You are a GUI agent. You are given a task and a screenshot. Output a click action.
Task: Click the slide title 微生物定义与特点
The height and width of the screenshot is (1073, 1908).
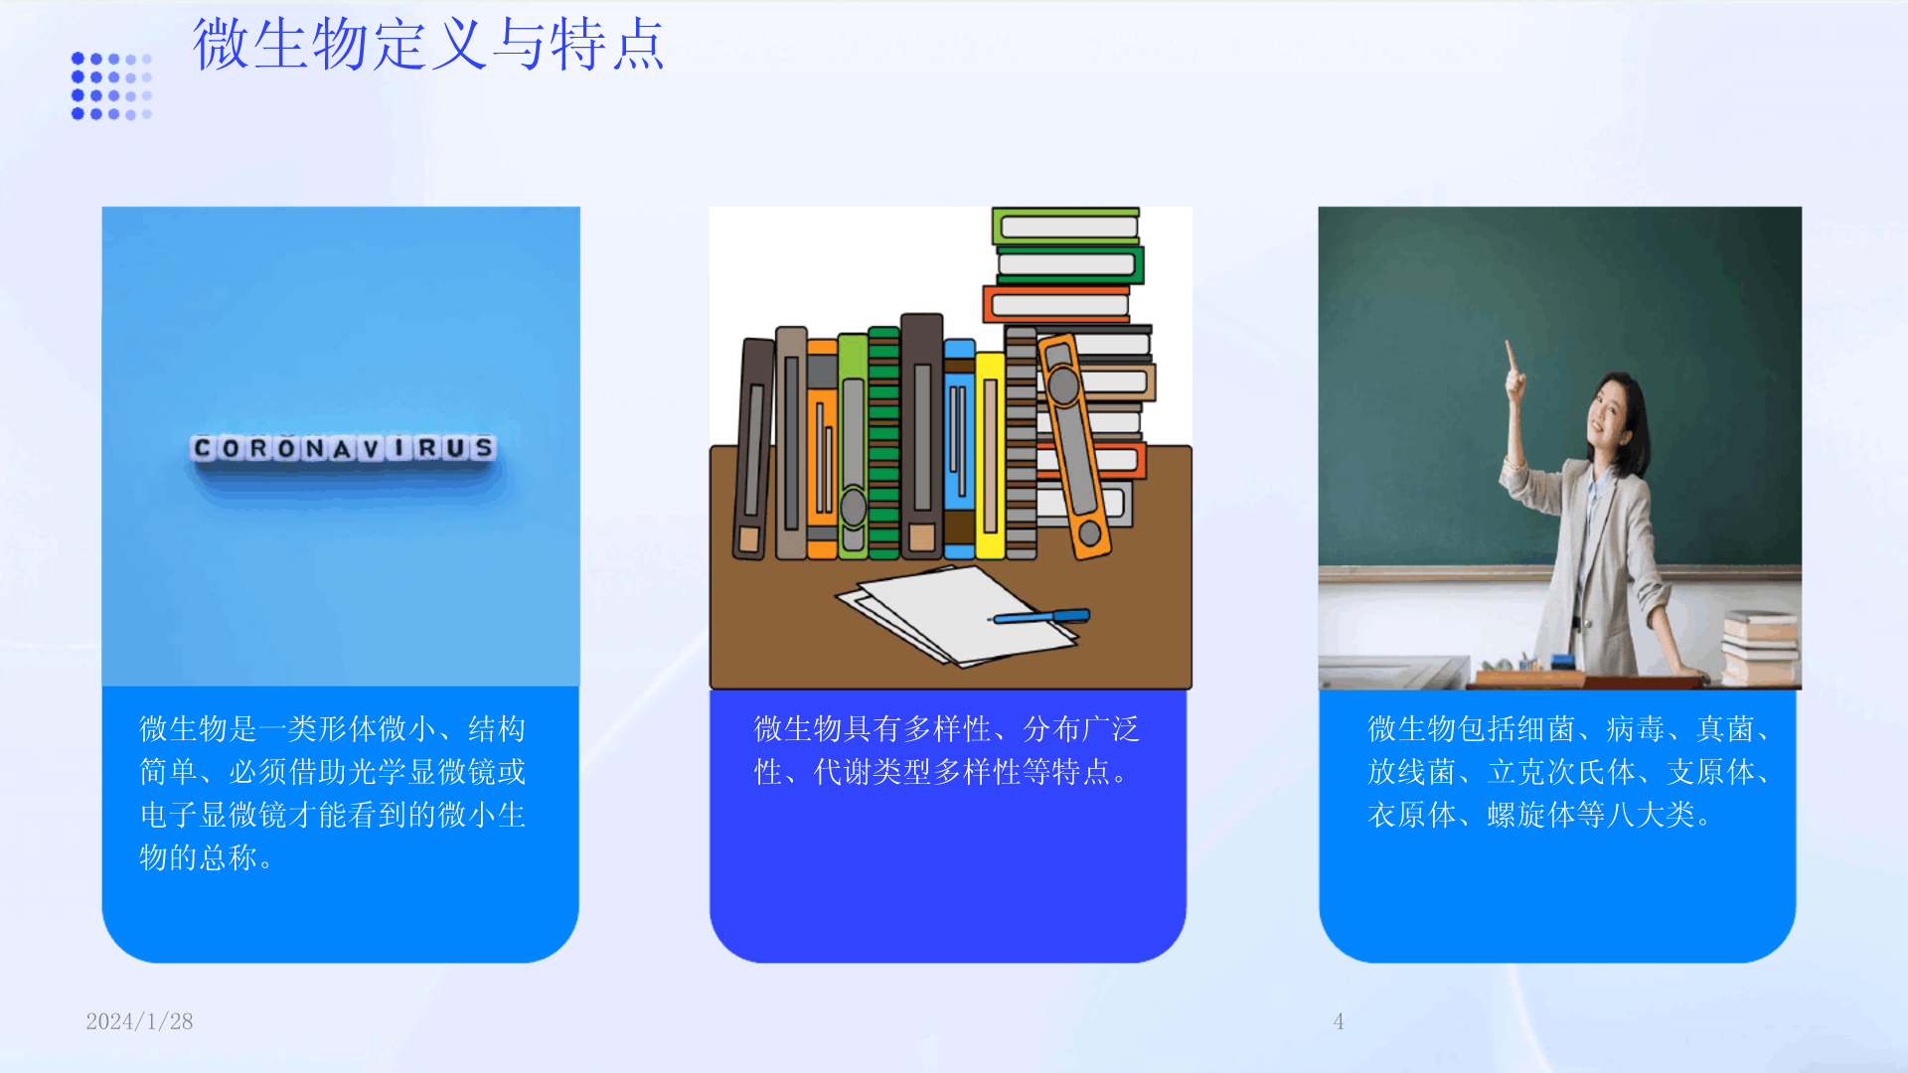click(428, 45)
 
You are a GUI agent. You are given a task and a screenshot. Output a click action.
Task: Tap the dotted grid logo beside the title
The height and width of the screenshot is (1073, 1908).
click(111, 86)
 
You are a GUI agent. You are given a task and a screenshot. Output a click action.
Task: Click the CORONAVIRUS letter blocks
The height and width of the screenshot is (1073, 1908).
click(343, 448)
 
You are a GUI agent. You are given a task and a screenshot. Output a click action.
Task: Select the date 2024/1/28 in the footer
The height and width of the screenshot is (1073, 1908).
click(139, 1021)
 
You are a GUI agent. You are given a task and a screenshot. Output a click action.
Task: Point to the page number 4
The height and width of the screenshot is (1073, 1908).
click(1339, 1021)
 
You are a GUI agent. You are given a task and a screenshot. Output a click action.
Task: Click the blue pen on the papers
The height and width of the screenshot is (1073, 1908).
click(1039, 617)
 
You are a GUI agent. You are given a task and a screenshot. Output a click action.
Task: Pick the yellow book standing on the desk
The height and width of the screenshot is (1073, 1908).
click(990, 455)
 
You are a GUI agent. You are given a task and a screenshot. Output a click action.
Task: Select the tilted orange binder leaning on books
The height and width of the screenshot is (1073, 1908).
click(1074, 446)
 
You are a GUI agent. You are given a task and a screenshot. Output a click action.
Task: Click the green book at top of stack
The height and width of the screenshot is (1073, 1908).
click(1065, 227)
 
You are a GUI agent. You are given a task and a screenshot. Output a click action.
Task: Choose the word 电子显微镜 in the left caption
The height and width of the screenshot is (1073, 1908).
click(214, 815)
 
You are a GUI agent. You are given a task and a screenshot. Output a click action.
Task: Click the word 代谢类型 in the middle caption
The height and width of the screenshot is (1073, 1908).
click(873, 772)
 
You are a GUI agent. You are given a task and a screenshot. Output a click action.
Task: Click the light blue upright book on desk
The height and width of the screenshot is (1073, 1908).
click(959, 449)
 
